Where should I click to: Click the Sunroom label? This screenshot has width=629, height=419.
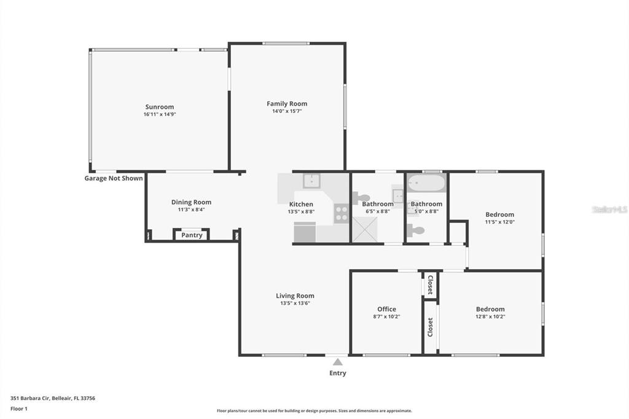pos(160,107)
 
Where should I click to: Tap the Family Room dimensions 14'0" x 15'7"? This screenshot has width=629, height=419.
pos(287,111)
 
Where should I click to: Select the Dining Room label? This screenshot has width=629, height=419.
pos(192,202)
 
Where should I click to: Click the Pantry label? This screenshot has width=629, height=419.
pos(192,235)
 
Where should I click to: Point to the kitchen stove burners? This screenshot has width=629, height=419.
pos(342,214)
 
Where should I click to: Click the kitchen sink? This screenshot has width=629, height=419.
pos(311,181)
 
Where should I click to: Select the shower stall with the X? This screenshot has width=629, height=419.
pos(365,230)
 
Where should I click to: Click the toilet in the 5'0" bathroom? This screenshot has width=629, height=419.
pos(416,230)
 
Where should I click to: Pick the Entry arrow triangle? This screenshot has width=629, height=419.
pos(338,362)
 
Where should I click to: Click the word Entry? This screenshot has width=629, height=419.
pos(338,374)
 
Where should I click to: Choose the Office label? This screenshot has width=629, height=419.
pos(387,309)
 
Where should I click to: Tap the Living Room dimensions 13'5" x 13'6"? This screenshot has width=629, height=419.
pos(295,303)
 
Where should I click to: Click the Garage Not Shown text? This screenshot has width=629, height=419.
pos(114,178)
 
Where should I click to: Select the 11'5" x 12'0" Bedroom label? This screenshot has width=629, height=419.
pos(500,214)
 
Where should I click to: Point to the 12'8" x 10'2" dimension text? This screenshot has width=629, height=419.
pos(490,316)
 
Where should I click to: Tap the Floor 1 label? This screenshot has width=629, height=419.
pos(19,409)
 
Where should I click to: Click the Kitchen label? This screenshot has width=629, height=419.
pos(301,205)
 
